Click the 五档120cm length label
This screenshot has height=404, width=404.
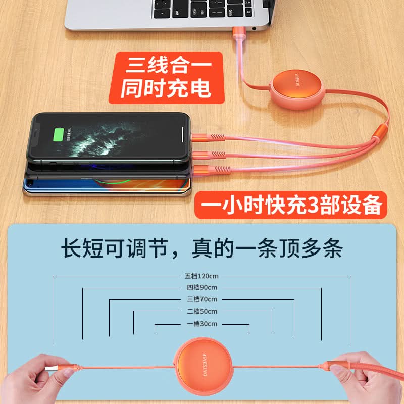pyautogui.click(x=201, y=276)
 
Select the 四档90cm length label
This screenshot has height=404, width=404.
pyautogui.click(x=202, y=287)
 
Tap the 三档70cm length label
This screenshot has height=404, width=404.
pyautogui.click(x=202, y=299)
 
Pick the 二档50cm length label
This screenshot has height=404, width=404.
pyautogui.click(x=202, y=311)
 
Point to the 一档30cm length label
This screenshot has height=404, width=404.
pyautogui.click(x=202, y=324)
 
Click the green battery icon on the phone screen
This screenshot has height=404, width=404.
pyautogui.click(x=59, y=135)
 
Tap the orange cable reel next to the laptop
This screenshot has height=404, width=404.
pyautogui.click(x=297, y=89)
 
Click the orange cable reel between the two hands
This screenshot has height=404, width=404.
pyautogui.click(x=204, y=366)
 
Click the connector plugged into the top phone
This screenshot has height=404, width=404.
pyautogui.click(x=208, y=138)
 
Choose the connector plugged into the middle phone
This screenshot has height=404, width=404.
pyautogui.click(x=209, y=155)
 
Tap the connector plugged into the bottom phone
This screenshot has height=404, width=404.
pyautogui.click(x=211, y=169)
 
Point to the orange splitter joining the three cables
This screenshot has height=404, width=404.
pyautogui.click(x=380, y=132)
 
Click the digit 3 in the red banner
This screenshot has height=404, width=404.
pyautogui.click(x=313, y=206)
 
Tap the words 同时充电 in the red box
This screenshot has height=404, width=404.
pyautogui.click(x=166, y=88)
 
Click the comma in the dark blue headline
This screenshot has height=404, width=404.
pyautogui.click(x=175, y=254)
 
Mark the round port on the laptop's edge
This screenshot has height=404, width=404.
pyautogui.click(x=254, y=29)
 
